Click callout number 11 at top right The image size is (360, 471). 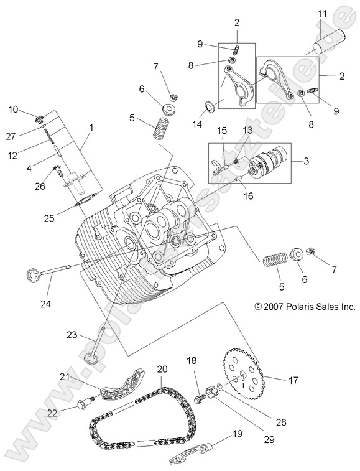(x=321, y=14)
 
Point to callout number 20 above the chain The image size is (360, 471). (x=162, y=369)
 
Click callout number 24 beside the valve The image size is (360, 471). (x=46, y=304)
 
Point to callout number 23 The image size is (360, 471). (x=73, y=335)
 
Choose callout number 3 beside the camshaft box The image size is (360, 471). (x=306, y=161)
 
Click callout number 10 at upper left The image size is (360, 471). (x=13, y=110)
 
